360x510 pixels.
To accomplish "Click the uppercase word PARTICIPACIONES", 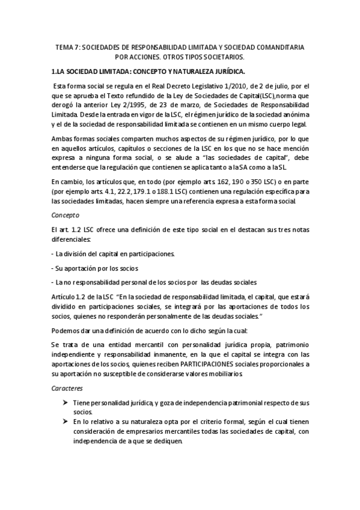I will pyautogui.click(x=224, y=364).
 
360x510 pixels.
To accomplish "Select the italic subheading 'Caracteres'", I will pyautogui.click(x=67, y=389).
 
